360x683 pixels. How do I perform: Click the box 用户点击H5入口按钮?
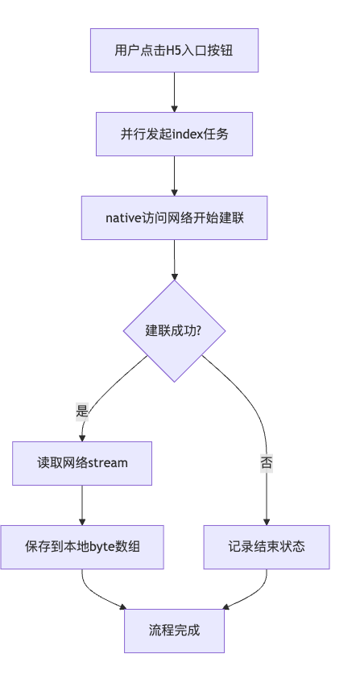[174, 50]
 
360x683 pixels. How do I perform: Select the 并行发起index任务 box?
[174, 134]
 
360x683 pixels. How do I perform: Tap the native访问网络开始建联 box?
[174, 217]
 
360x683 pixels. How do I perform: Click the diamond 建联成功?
[174, 331]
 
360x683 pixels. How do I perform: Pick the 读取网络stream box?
[82, 463]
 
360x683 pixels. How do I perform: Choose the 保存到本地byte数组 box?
[82, 547]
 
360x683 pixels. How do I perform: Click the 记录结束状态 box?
[266, 547]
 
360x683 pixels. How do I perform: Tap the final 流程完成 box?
[174, 630]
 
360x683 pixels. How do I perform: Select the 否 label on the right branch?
[266, 463]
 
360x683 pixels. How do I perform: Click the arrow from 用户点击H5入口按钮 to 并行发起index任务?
[174, 92]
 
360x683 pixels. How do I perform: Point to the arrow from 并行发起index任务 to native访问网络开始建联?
[174, 176]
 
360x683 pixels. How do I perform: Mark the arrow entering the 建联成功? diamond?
[174, 259]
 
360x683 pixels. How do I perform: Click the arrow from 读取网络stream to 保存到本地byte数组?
[82, 505]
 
